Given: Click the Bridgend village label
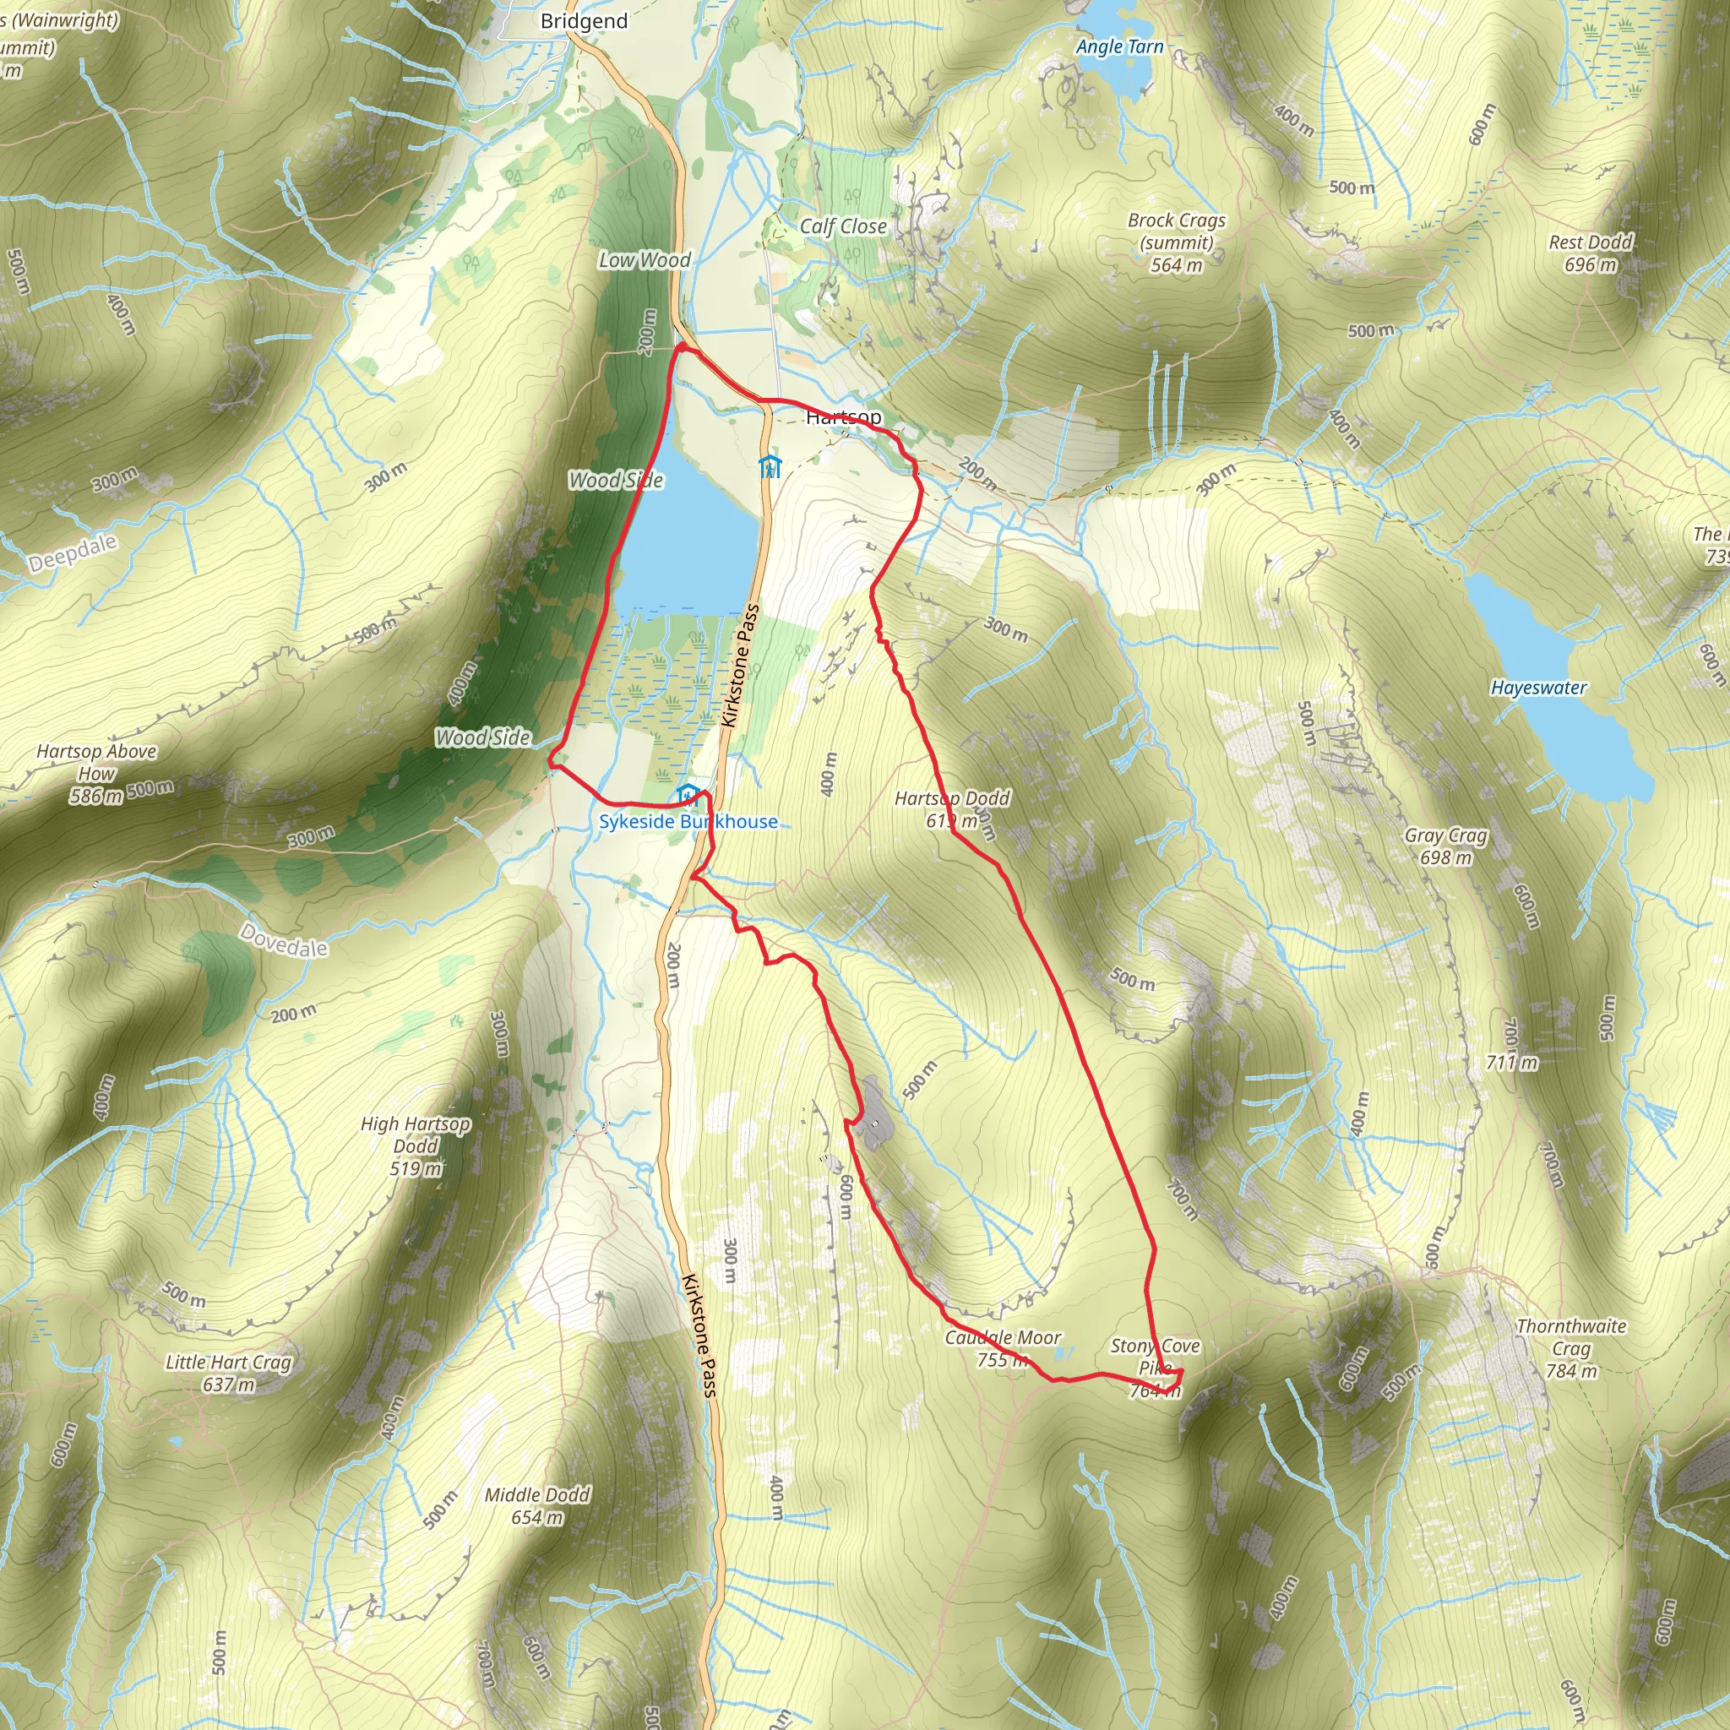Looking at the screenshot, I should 584,21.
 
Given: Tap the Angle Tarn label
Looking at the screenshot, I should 1119,46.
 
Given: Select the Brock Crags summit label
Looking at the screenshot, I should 1177,242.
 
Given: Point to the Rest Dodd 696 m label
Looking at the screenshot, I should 1591,253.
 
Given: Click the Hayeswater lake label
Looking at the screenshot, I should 1538,688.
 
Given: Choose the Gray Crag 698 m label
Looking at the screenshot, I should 1445,846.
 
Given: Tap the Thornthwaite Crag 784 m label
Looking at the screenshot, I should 1570,1348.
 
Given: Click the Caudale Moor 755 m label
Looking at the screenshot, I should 1002,1348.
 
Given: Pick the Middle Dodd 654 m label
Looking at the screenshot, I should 537,1505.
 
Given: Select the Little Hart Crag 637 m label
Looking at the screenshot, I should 228,1373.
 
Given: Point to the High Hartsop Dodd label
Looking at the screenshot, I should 416,1145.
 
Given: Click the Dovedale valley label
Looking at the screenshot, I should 284,940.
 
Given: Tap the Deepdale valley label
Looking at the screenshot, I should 73,552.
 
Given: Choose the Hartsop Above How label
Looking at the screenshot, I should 96,772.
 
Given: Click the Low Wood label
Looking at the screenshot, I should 644,259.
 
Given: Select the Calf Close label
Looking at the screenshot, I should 842,226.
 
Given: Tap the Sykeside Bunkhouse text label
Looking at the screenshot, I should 688,821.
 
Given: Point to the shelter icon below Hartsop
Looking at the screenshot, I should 770,466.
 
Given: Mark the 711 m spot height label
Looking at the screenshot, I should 1511,1063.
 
